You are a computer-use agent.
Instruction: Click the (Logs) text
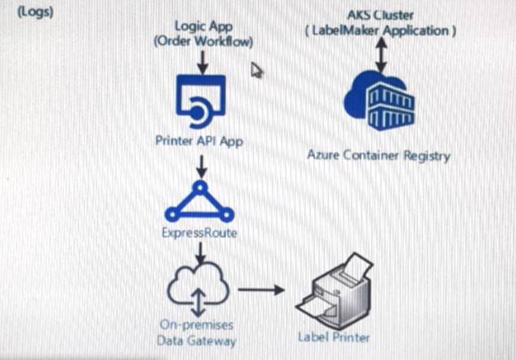coord(35,12)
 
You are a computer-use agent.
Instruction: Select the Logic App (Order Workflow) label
coord(203,34)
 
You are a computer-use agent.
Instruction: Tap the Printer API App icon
coord(201,101)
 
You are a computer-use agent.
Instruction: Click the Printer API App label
coord(199,141)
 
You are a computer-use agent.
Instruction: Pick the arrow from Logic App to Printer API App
coord(203,62)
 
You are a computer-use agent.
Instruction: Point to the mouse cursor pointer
coord(256,71)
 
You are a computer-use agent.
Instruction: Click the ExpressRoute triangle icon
coord(199,201)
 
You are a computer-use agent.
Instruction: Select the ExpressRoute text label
coord(199,233)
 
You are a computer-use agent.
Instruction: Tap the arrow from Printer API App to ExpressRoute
coord(202,167)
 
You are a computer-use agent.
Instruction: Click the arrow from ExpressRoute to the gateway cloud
coord(200,253)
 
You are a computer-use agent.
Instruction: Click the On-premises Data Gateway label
coord(197,332)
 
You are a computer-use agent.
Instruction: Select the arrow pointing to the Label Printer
coord(262,289)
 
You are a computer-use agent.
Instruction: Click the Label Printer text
coord(334,337)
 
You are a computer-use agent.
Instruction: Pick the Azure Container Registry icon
coord(379,101)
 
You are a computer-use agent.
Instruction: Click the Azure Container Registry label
coord(379,156)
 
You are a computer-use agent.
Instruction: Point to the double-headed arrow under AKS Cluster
coord(381,54)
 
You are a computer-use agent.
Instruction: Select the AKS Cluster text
coord(381,15)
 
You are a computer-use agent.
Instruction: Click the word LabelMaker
coord(346,31)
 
